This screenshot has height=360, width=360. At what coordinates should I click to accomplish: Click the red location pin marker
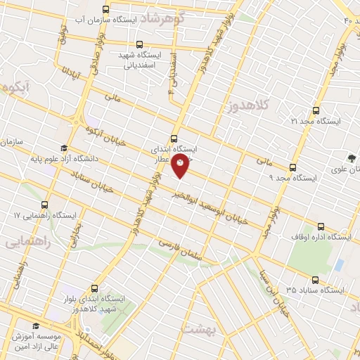181,167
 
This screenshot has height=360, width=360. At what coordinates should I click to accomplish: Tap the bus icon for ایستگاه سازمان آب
105,9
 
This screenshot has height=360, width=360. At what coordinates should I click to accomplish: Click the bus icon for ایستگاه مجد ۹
294,166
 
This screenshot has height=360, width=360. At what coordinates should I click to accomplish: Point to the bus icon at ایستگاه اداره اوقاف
321,226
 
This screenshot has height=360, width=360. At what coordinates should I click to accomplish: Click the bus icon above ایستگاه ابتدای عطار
174,139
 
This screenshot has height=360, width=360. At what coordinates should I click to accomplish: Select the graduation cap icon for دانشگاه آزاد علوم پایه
64,148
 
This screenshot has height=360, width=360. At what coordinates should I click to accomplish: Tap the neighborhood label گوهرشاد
172,18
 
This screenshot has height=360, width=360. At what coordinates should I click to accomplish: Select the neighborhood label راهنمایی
26,242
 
